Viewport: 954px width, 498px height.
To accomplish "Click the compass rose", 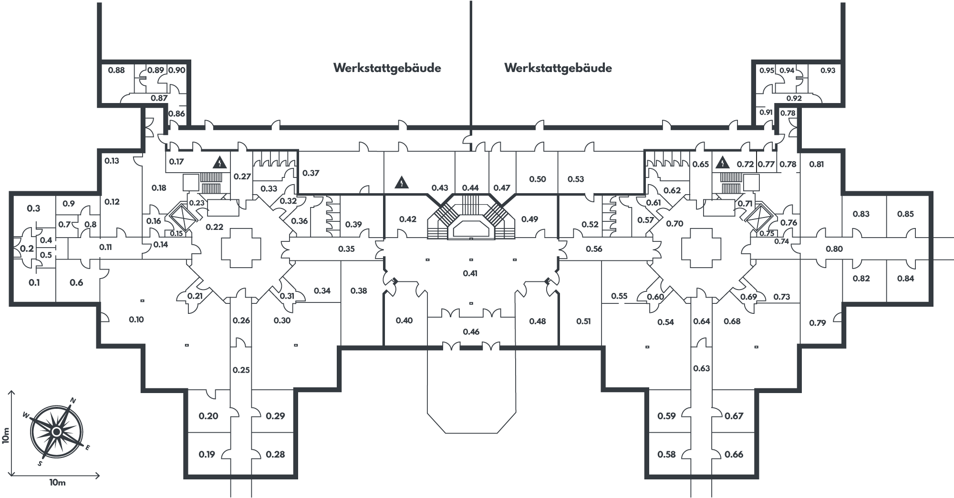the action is pyautogui.click(x=56, y=432).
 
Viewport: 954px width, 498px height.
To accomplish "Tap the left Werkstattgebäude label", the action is pyautogui.click(x=387, y=68).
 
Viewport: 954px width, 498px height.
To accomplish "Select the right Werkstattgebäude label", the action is pyautogui.click(x=558, y=68).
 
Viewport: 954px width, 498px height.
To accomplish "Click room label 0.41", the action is pyautogui.click(x=470, y=273).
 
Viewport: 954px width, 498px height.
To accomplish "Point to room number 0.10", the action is pyautogui.click(x=136, y=320).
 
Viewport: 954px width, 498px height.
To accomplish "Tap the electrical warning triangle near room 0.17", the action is pyautogui.click(x=219, y=163).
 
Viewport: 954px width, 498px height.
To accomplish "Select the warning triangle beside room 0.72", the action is pyautogui.click(x=723, y=163).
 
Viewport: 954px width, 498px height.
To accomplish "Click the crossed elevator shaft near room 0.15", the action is pyautogui.click(x=182, y=218).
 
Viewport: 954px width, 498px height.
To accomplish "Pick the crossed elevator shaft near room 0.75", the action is pyautogui.click(x=759, y=218).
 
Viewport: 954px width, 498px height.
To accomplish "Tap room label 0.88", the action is pyautogui.click(x=116, y=70).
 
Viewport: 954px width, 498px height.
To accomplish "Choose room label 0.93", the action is pyautogui.click(x=828, y=70).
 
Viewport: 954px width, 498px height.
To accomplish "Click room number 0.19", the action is pyautogui.click(x=207, y=454).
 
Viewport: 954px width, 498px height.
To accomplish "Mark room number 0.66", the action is pyautogui.click(x=734, y=454).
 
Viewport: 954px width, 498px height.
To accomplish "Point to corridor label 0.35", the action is pyautogui.click(x=347, y=249).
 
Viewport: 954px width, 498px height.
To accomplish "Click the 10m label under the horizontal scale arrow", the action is pyautogui.click(x=57, y=483).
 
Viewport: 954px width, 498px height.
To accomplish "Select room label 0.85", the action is pyautogui.click(x=905, y=214).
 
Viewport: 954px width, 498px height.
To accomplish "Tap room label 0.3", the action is pyautogui.click(x=33, y=208).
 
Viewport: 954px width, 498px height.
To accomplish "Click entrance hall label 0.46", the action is pyautogui.click(x=471, y=332).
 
